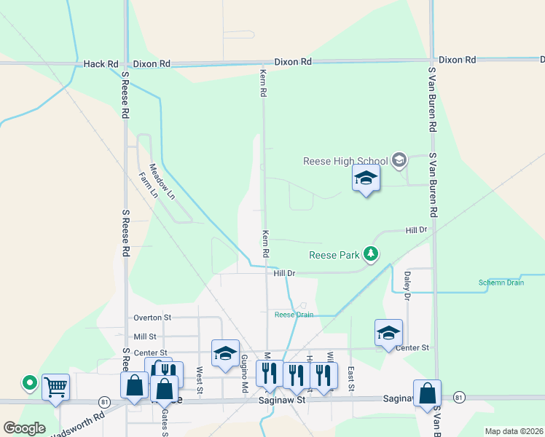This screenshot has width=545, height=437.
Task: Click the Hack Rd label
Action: tap(101, 64)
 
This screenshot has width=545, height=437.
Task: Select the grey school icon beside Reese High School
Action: tap(399, 160)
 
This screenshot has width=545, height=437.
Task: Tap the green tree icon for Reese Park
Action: tap(372, 253)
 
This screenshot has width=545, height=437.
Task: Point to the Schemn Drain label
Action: tap(501, 283)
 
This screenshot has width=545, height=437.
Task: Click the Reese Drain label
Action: tap(294, 315)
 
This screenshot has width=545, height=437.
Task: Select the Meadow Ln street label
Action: tap(162, 180)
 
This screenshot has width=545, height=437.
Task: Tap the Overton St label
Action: tap(152, 318)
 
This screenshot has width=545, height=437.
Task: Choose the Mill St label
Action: tap(145, 336)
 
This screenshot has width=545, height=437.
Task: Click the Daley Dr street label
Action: tap(407, 286)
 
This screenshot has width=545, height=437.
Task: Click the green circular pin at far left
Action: tap(29, 382)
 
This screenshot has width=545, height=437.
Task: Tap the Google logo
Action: tap(24, 428)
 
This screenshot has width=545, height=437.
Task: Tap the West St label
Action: tap(200, 377)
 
